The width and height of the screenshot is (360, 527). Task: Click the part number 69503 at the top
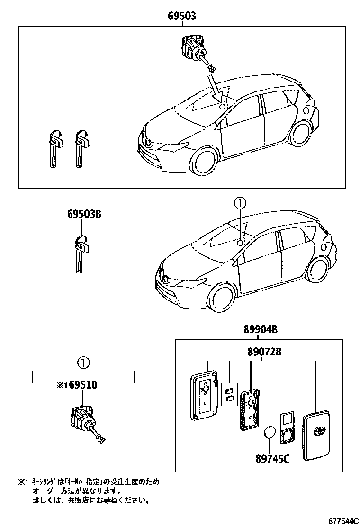click(182, 16)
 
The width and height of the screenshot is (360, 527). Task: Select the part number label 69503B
click(84, 214)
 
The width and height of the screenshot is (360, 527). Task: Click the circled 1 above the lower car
click(241, 204)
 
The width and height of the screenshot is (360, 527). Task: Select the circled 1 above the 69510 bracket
click(83, 363)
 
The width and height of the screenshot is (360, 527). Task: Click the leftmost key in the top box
click(54, 148)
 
